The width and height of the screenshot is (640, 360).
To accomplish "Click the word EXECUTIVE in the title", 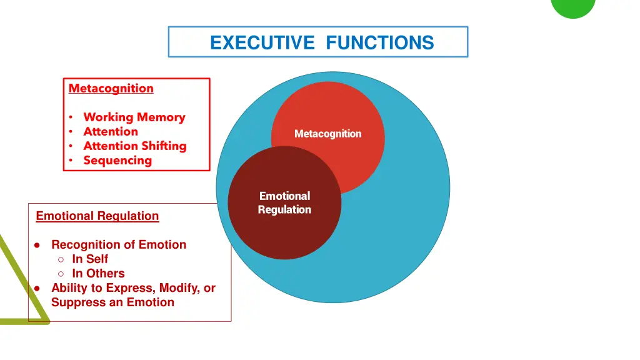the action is (x=262, y=43).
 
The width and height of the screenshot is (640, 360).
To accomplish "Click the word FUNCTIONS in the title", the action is (x=380, y=43).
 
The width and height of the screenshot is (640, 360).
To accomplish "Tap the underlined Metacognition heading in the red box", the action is (x=111, y=89).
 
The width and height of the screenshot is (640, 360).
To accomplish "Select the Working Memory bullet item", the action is (x=134, y=117).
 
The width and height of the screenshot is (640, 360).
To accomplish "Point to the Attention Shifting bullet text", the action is (x=135, y=146).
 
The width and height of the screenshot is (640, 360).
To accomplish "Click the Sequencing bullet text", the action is (x=117, y=161).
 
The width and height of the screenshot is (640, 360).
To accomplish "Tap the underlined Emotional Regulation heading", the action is (x=97, y=216).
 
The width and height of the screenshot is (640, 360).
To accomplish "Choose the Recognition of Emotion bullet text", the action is (x=119, y=244).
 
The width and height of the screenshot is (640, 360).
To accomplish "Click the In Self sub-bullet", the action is (x=90, y=259).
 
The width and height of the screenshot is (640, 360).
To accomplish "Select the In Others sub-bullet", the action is (x=98, y=273).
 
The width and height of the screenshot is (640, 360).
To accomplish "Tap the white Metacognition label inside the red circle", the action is (x=327, y=134).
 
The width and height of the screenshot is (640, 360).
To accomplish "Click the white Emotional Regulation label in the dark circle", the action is (x=284, y=203).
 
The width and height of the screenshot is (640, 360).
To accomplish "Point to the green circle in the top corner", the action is (x=573, y=6).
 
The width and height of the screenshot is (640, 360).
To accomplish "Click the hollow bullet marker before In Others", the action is (x=61, y=274).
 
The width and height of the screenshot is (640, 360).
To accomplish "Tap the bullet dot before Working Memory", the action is (x=71, y=117).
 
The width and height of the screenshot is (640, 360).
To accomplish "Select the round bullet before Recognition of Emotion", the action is (x=37, y=245).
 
